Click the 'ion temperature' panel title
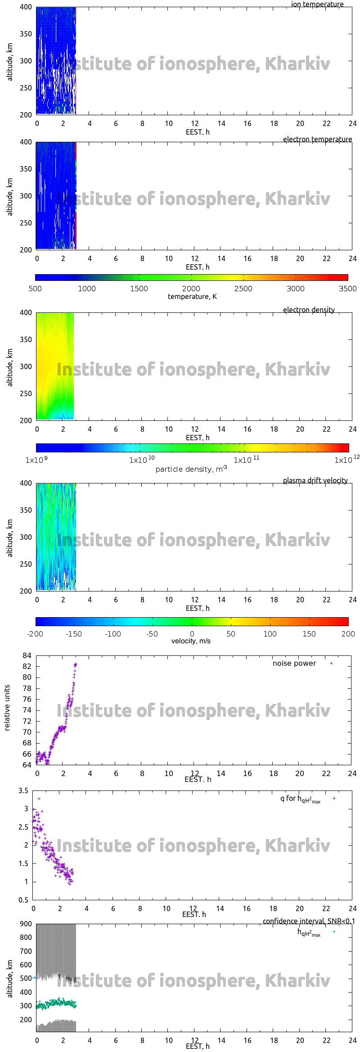[x=317, y=5]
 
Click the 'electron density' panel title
[x=309, y=310]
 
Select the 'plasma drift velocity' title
[x=315, y=480]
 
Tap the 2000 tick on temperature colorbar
[x=191, y=289]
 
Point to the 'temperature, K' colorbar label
[x=192, y=297]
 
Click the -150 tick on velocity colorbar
[x=74, y=634]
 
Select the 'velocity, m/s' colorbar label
[x=191, y=641]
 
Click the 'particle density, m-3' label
[x=191, y=469]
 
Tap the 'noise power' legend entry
[x=294, y=664]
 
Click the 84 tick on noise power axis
[x=27, y=655]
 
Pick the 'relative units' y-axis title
[x=7, y=708]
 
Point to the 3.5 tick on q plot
[x=23, y=790]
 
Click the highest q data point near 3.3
[x=39, y=799]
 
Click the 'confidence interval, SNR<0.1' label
[x=309, y=921]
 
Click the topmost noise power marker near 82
[x=76, y=664]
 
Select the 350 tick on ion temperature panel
[x=26, y=34]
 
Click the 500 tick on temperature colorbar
[x=35, y=289]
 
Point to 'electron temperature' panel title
[x=317, y=139]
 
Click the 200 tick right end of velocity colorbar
[x=348, y=634]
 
